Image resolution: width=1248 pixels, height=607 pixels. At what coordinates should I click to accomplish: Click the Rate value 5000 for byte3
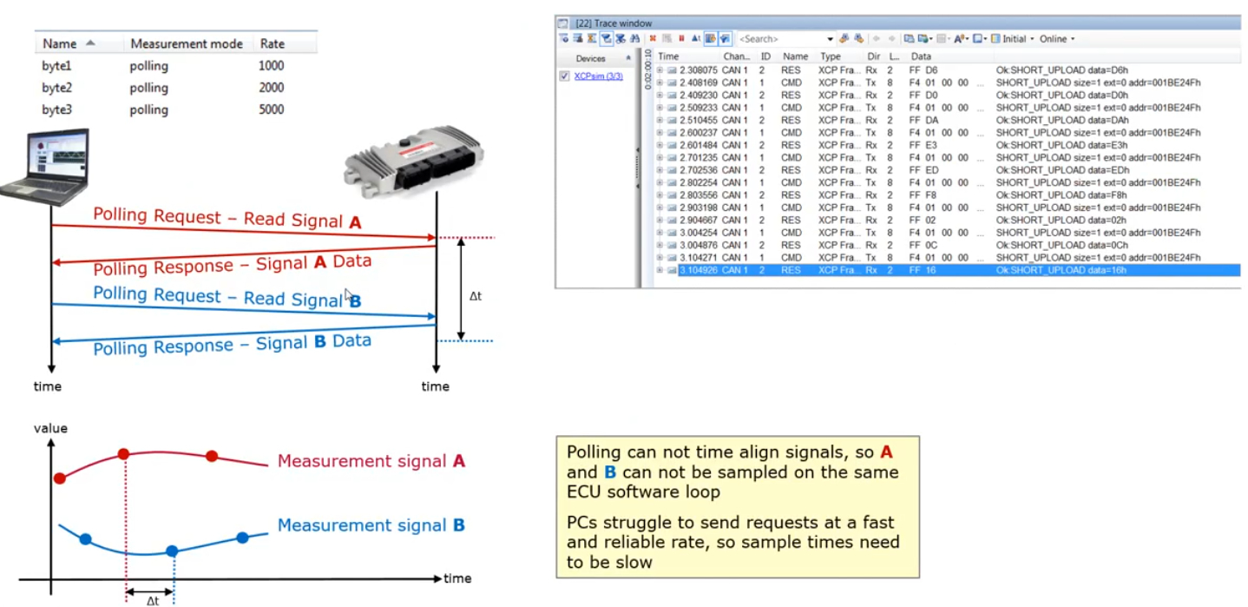click(x=271, y=110)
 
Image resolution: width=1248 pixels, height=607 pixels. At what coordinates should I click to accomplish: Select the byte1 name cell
click(x=56, y=66)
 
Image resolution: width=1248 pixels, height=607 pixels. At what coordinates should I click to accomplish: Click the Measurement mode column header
click(x=187, y=43)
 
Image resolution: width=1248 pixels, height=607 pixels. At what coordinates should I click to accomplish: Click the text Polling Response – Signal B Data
click(x=232, y=344)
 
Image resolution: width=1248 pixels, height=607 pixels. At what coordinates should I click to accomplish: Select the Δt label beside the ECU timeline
click(x=475, y=296)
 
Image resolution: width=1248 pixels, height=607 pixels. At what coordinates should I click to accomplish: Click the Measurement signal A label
click(x=371, y=461)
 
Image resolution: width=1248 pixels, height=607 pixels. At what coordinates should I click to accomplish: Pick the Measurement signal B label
click(x=371, y=525)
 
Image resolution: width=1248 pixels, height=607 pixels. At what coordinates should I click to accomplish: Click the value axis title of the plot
click(x=50, y=428)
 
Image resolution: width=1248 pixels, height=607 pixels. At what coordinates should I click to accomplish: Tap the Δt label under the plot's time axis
click(x=152, y=600)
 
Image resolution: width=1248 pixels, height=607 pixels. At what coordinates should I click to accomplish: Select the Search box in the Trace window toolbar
click(x=780, y=39)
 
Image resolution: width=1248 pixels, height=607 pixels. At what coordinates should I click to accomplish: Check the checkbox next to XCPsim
click(x=564, y=76)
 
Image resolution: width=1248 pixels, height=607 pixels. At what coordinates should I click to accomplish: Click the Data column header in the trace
click(x=920, y=56)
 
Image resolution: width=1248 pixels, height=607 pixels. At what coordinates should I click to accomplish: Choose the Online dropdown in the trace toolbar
click(x=1055, y=39)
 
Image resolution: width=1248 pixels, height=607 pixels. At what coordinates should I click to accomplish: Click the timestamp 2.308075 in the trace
click(x=699, y=69)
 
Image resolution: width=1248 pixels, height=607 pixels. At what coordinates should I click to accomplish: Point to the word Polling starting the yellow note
click(x=591, y=452)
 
